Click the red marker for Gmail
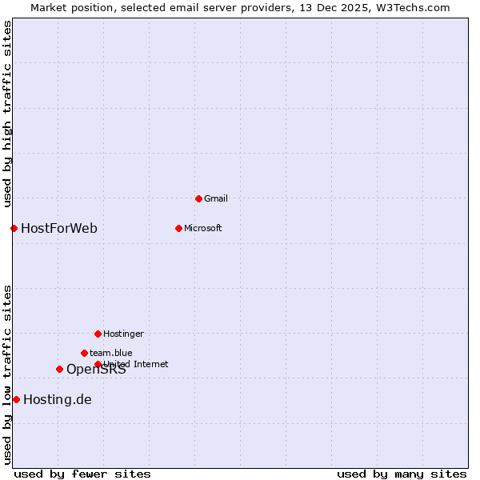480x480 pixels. point(198,198)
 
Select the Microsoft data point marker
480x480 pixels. point(178,228)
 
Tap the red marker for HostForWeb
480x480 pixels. point(14,228)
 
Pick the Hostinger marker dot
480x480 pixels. point(98,334)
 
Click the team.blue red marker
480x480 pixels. point(84,353)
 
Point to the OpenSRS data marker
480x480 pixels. point(59,369)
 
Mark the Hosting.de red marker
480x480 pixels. point(16,399)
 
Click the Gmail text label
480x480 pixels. point(216,198)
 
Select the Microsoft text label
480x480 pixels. point(203,228)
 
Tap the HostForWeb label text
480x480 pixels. point(59,228)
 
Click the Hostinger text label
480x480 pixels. point(123,334)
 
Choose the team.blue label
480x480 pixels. point(111,353)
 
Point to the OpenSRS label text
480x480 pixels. point(96,369)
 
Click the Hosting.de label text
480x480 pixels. point(58,399)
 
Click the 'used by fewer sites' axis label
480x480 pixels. point(82,474)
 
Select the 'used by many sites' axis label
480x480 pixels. point(402,474)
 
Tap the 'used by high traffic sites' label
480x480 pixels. point(7,114)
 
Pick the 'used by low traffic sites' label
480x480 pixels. point(7,374)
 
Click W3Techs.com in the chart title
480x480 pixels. point(414,7)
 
